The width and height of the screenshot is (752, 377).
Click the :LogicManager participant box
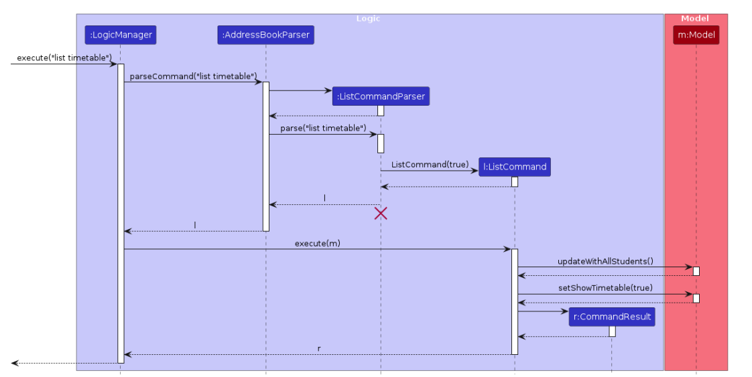click(x=121, y=35)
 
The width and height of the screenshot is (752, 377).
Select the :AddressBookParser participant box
click(x=265, y=35)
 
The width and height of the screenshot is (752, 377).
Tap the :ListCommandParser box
click(x=380, y=96)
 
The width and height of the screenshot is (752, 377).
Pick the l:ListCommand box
click(x=515, y=167)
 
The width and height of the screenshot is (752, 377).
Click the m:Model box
click(x=696, y=35)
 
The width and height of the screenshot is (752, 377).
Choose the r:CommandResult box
click(x=611, y=317)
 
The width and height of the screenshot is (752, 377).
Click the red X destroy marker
click(x=381, y=214)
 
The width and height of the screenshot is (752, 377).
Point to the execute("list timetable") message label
click(x=64, y=58)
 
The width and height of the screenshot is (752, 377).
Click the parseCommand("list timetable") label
click(x=193, y=76)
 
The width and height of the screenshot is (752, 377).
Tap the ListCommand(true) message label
click(x=430, y=164)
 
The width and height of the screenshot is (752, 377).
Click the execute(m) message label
click(x=317, y=243)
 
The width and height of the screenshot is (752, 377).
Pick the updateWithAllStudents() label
click(x=605, y=261)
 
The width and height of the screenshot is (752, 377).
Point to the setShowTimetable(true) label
click(x=605, y=288)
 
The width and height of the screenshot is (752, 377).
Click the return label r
click(x=319, y=349)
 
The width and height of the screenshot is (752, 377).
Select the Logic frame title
click(x=368, y=19)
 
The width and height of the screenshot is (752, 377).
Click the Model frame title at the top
click(x=695, y=19)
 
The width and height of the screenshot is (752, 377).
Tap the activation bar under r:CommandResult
click(x=612, y=331)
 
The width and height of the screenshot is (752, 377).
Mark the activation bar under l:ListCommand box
click(x=515, y=181)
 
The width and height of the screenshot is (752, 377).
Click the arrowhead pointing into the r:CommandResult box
click(x=564, y=311)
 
